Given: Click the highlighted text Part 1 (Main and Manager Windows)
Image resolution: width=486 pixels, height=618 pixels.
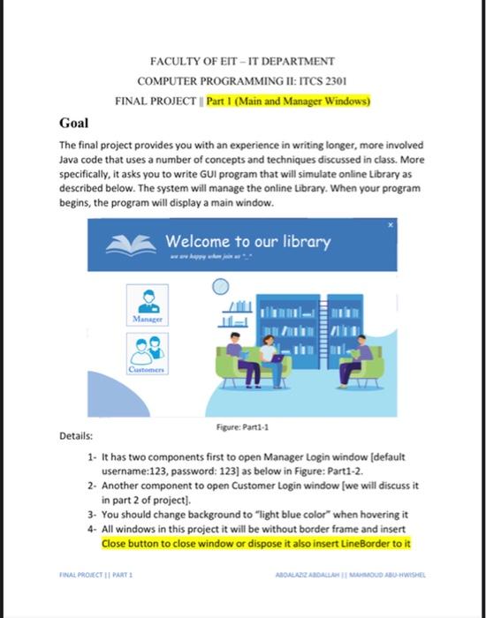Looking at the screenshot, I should (x=289, y=101).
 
